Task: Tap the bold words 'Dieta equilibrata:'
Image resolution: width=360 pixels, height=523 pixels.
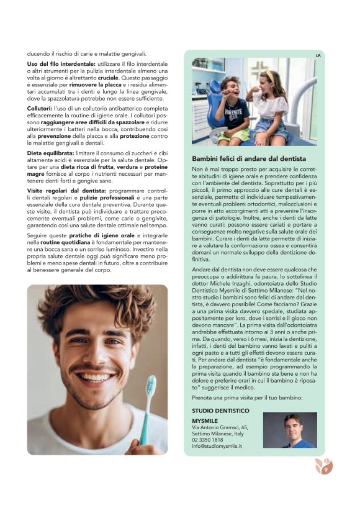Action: point(52,153)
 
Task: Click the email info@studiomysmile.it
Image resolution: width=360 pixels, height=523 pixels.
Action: point(217,446)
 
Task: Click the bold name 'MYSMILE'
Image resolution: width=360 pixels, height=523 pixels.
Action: point(205,421)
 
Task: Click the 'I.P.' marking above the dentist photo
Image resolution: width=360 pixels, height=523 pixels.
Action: point(318,55)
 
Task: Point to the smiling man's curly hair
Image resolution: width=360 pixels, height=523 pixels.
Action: point(93,304)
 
